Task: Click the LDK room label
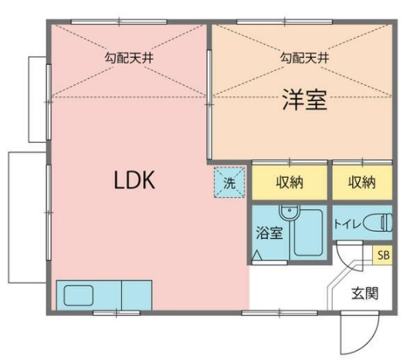pos(135,181)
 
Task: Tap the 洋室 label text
pos(303,100)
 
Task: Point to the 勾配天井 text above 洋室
pos(303,58)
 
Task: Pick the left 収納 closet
pos(289,183)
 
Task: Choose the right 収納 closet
pos(361,183)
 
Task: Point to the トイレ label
pos(345,224)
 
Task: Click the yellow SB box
pos(383,255)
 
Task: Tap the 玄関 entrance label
pos(365,293)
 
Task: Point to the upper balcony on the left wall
pos(38,99)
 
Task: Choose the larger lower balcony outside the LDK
pos(26,216)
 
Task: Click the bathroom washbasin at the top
pos(287,212)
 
